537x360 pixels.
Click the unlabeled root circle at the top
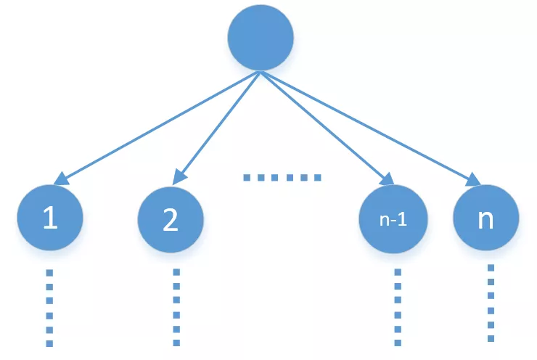point(261,39)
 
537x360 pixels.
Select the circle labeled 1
point(50,218)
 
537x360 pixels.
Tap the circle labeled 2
point(171,219)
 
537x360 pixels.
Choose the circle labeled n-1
point(393,219)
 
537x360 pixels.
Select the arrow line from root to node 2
point(218,127)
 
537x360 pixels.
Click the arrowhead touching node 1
point(62,179)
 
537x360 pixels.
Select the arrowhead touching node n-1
point(387,179)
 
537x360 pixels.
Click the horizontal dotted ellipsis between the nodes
point(281,177)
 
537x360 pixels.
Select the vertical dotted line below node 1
point(49,308)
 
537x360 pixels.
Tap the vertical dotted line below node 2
point(176,308)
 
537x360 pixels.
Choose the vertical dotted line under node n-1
point(398,308)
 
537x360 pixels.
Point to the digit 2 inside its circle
point(171,220)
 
